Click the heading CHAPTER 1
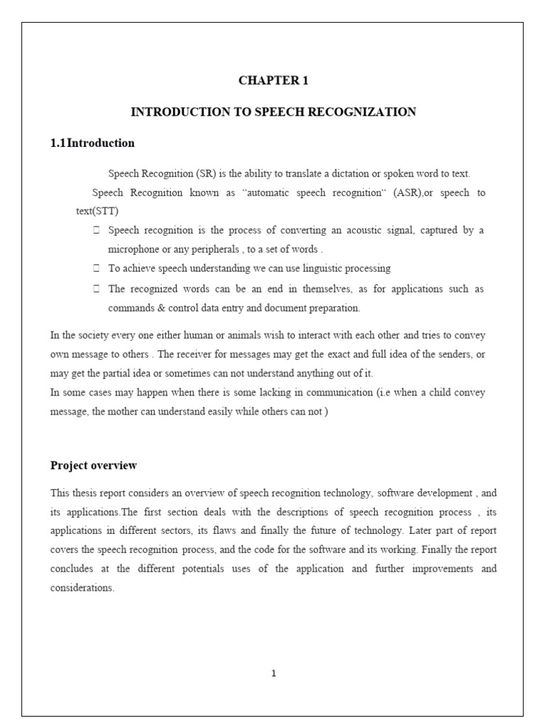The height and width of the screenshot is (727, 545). pyautogui.click(x=273, y=80)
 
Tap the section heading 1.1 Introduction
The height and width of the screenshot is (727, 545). pyautogui.click(x=92, y=143)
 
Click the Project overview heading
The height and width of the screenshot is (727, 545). pyautogui.click(x=93, y=466)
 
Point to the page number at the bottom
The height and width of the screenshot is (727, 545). pyautogui.click(x=273, y=674)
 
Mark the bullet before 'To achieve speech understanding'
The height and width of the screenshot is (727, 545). pyautogui.click(x=96, y=269)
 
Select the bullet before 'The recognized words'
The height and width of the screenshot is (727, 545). pyautogui.click(x=96, y=289)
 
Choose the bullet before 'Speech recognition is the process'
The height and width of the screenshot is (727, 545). pyautogui.click(x=96, y=231)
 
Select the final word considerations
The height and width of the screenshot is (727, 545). pyautogui.click(x=82, y=589)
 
